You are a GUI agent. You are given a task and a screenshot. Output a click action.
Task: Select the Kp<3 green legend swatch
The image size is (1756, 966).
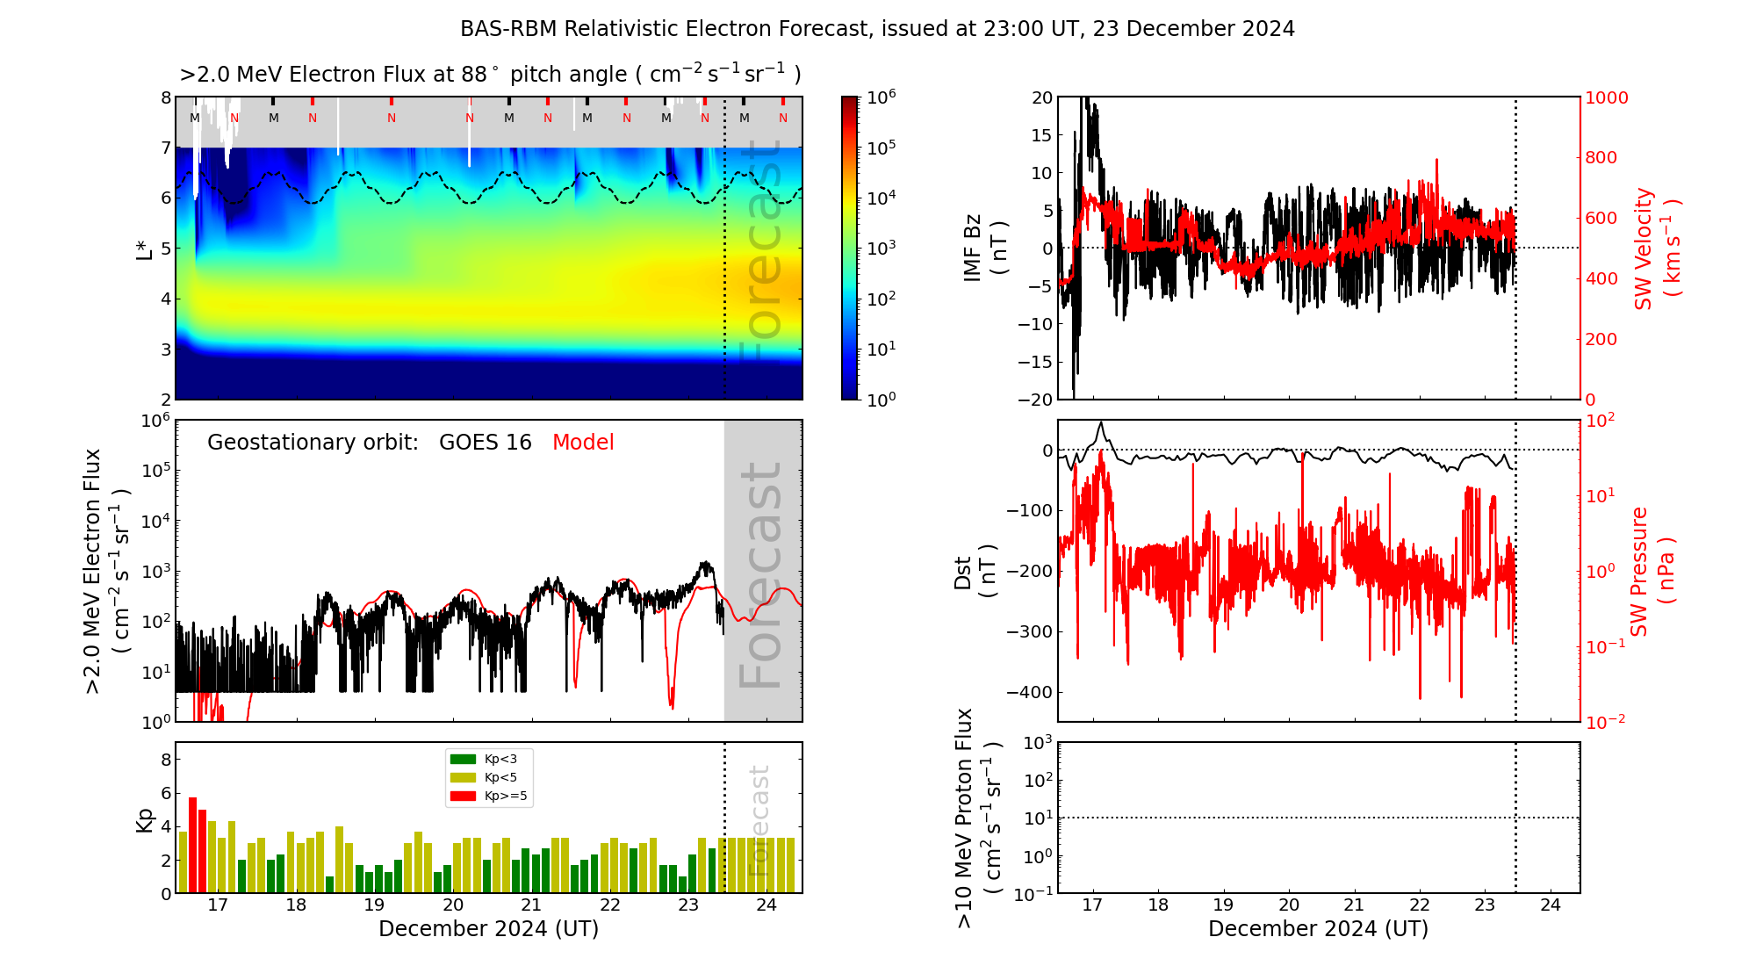click(x=463, y=759)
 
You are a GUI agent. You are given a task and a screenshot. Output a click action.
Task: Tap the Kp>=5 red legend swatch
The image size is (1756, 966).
click(x=463, y=796)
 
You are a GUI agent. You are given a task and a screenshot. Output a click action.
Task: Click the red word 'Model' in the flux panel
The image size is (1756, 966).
click(x=583, y=443)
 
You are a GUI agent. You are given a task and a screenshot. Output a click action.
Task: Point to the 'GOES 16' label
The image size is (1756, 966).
click(x=486, y=443)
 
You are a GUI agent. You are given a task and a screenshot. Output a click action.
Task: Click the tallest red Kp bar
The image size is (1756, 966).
click(x=192, y=843)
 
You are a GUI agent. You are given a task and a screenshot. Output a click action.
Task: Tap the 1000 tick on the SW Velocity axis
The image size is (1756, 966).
click(x=1606, y=97)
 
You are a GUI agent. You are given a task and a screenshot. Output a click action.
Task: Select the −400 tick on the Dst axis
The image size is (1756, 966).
click(x=1029, y=692)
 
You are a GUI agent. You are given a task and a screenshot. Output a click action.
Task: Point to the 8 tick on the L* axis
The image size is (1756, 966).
click(x=165, y=97)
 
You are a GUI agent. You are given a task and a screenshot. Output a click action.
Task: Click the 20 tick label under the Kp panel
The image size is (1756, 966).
click(x=453, y=905)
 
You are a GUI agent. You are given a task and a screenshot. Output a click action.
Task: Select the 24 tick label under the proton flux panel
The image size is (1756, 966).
click(x=1551, y=905)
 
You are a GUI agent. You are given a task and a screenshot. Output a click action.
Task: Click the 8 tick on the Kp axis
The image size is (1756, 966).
click(x=165, y=760)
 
